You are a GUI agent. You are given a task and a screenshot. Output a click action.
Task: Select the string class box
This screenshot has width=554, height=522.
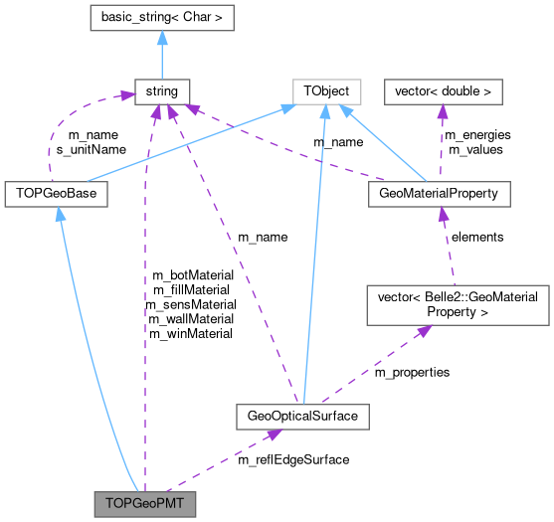[x=160, y=91]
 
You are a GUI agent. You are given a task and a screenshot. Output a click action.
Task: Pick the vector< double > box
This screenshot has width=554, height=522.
[x=444, y=91]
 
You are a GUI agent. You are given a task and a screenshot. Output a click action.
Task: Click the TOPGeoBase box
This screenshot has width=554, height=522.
[x=56, y=193]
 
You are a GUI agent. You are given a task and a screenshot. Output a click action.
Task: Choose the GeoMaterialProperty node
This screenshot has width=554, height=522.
[x=439, y=193]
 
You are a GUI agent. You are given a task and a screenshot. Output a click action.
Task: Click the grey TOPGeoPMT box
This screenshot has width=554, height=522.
[x=144, y=503]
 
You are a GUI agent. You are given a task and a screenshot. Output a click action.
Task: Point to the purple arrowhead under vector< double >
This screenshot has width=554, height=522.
[x=443, y=112]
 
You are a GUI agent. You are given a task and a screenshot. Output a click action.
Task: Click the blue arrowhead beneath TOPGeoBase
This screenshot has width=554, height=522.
[x=60, y=214]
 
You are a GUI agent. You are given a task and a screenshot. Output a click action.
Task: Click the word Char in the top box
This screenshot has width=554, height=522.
[x=195, y=17]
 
